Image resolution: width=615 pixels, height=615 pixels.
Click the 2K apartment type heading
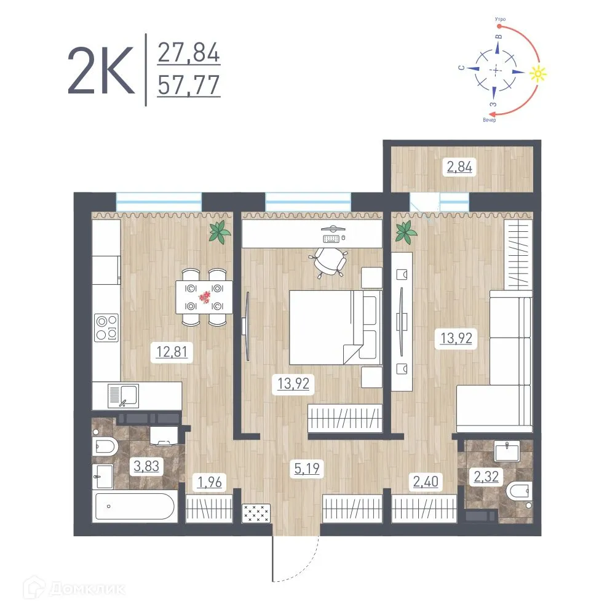coord(100,69)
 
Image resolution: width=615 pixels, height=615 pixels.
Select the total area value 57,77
coord(189,85)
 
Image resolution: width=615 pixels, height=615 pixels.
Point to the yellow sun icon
coord(538,74)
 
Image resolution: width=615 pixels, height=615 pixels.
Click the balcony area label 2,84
coord(460,166)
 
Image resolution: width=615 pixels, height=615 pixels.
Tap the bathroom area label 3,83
coord(146,466)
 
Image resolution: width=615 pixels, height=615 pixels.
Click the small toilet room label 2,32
coord(482,477)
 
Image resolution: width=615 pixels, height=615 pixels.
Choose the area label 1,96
coord(209,482)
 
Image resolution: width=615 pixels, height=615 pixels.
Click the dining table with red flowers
coord(203,297)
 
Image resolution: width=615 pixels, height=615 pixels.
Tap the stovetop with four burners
coord(106,327)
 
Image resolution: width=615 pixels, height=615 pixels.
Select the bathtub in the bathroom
coord(133,507)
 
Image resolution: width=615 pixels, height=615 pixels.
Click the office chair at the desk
coord(330,262)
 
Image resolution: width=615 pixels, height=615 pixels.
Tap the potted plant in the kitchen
coord(218,232)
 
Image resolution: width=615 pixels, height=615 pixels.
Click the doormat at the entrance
coord(256,512)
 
